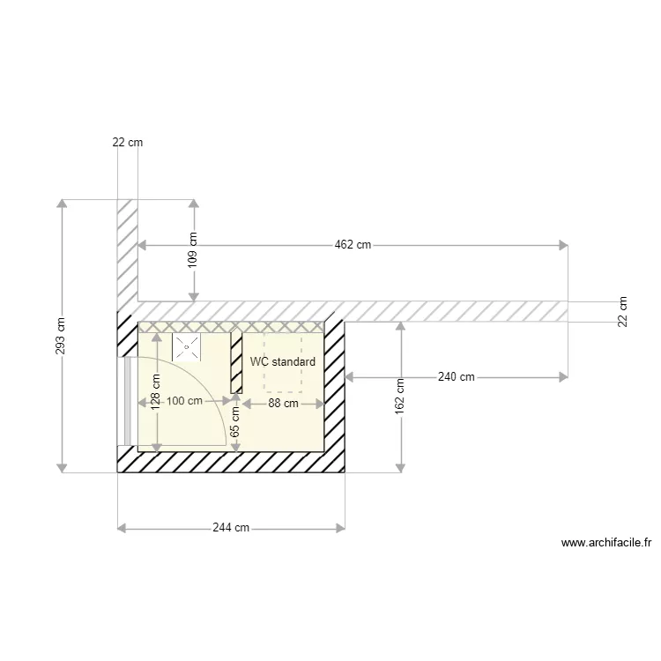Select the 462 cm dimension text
(x=352, y=245)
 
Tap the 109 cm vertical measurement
(x=194, y=249)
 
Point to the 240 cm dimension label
(x=456, y=377)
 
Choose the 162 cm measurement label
(x=401, y=396)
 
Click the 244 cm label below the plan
(x=231, y=528)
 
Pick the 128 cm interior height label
(x=156, y=393)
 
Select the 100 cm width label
(x=184, y=402)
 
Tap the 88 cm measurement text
(x=283, y=403)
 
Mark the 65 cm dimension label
(x=235, y=422)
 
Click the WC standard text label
(x=282, y=362)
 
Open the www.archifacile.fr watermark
(x=606, y=544)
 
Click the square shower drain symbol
(x=186, y=347)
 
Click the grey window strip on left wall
(x=128, y=401)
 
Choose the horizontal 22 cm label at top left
(x=127, y=142)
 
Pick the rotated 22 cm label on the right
(x=624, y=310)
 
